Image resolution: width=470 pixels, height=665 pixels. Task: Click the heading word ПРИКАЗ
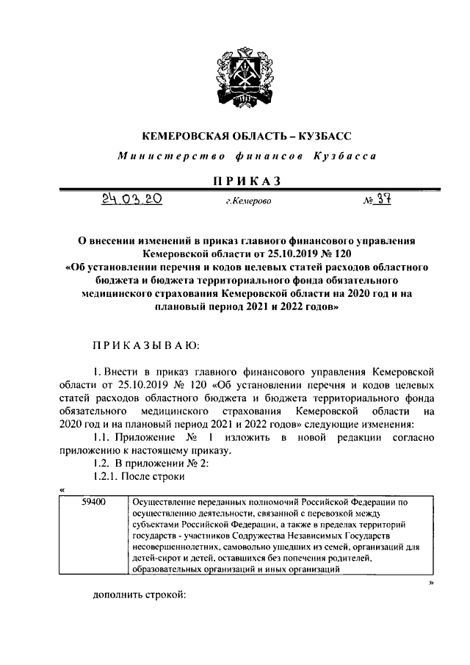pos(236,180)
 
